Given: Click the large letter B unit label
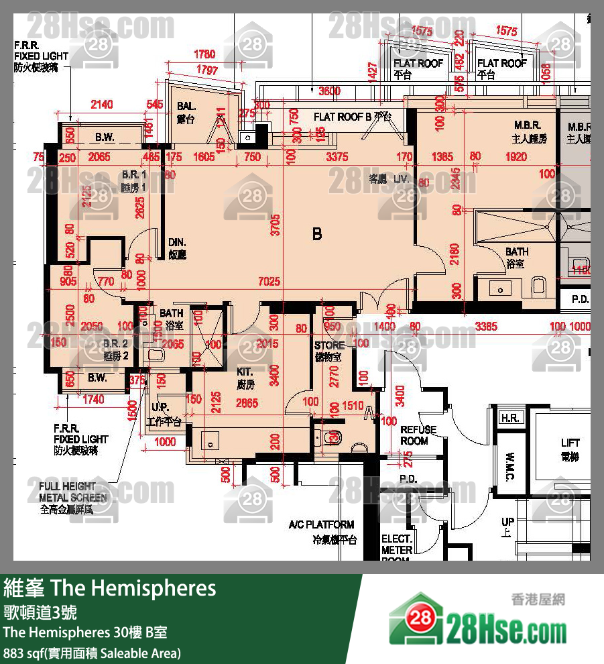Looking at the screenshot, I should click(x=317, y=234).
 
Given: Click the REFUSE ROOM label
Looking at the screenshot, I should click(x=418, y=435).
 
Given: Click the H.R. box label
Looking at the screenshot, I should click(x=510, y=418).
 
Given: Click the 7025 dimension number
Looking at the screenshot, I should click(x=269, y=282).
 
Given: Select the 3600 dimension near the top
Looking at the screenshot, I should click(x=329, y=91).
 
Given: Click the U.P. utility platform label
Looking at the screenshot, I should click(x=160, y=408).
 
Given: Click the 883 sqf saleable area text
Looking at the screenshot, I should click(x=92, y=653).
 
